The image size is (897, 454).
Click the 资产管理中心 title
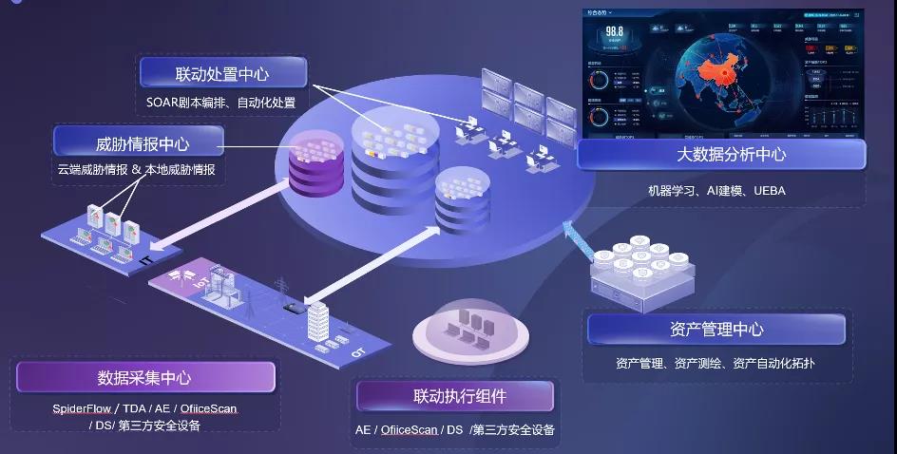coord(716,330)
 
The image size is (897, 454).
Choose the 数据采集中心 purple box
coord(144,377)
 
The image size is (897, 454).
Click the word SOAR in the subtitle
coord(162,103)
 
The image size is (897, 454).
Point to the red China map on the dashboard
coord(730,78)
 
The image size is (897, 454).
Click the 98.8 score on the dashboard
coord(614,31)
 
